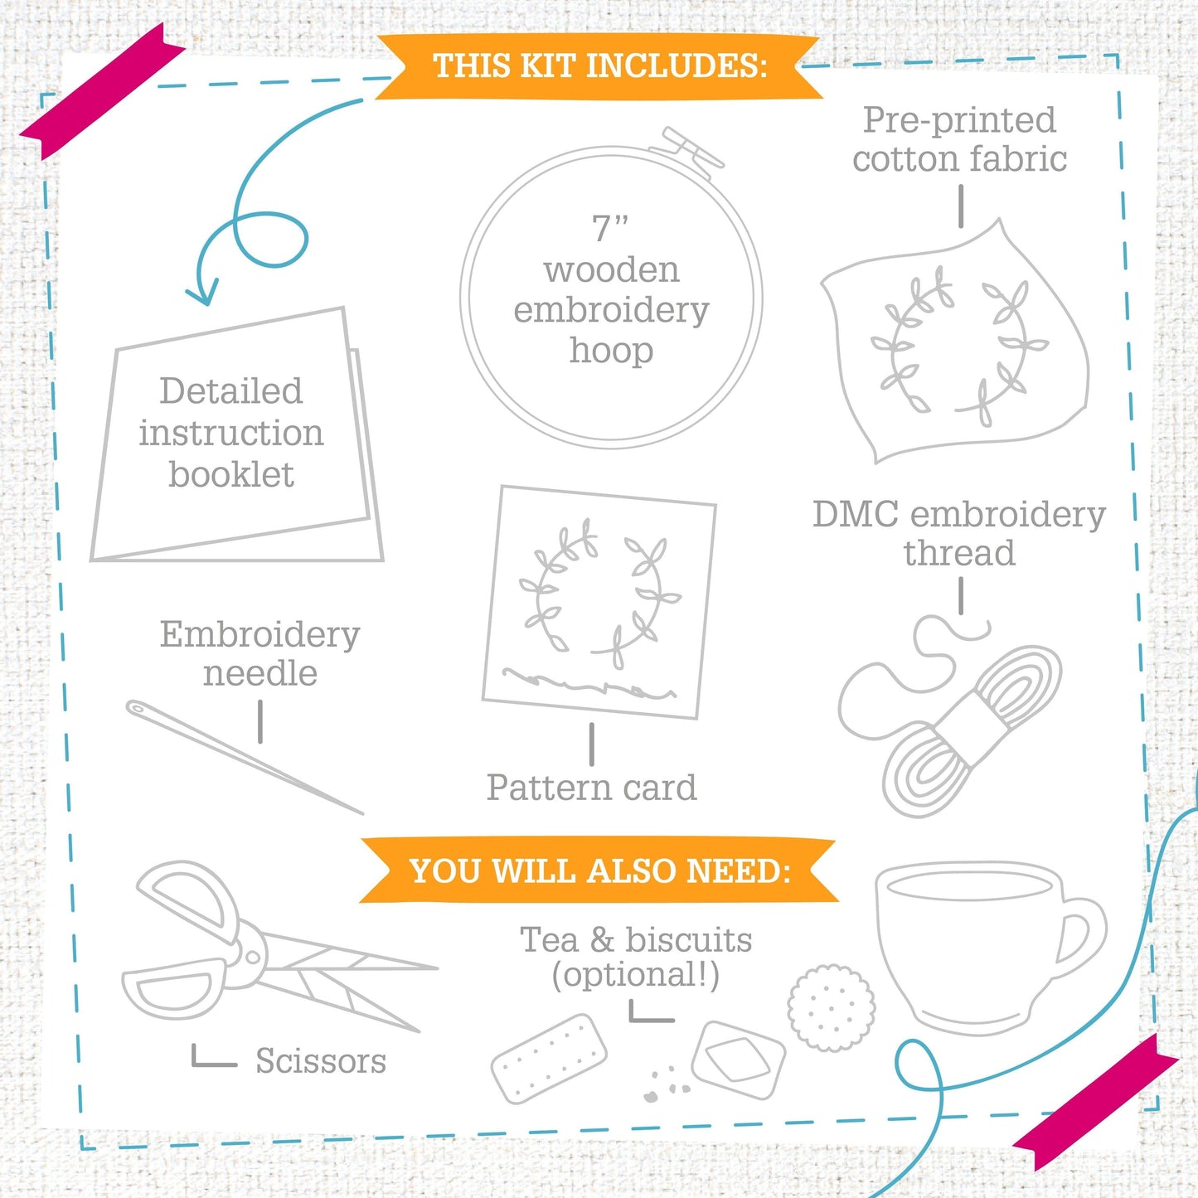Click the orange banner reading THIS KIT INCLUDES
point(599,66)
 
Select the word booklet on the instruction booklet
point(231,475)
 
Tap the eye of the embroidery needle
point(136,708)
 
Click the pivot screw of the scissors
point(252,957)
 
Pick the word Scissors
point(321,1061)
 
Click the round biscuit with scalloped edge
point(832,1008)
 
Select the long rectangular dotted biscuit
point(549,1059)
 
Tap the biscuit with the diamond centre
point(739,1060)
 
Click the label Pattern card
point(591,788)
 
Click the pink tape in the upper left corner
point(103,90)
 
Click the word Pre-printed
point(959,120)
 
